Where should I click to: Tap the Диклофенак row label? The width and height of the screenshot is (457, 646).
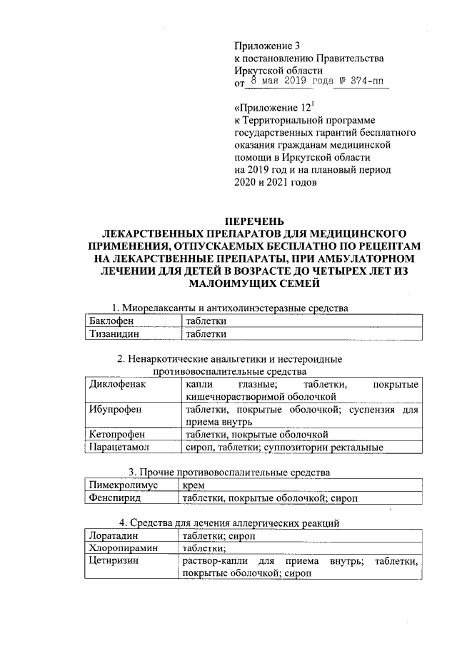coord(117,384)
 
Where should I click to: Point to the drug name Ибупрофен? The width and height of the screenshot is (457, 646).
coord(115,409)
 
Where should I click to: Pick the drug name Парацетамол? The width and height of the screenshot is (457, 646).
coord(121,448)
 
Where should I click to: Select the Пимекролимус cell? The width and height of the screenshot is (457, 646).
coord(126,485)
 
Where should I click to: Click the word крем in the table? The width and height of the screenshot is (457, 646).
coord(194,485)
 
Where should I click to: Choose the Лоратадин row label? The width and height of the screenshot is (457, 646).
coord(113,535)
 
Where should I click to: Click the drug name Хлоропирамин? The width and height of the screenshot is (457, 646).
coord(124,547)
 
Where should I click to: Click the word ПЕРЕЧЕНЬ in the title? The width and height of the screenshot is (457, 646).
coord(255,220)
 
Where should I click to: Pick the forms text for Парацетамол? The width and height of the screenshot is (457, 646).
coord(284,448)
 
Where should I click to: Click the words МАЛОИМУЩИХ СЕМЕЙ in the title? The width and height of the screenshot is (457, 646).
coord(255,283)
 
